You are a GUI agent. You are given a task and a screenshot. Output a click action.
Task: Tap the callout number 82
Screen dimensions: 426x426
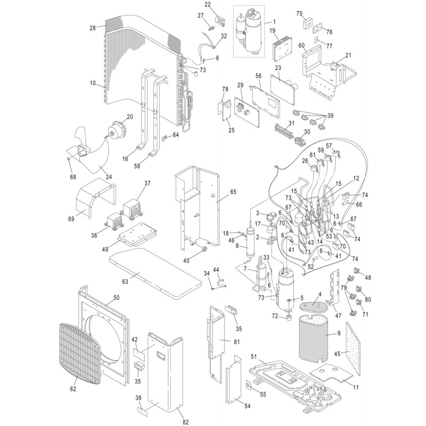(185, 422)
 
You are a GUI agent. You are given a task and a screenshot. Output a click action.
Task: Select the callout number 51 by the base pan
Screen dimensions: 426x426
(254, 357)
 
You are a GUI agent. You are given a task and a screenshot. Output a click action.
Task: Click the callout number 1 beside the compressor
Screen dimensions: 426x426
(274, 21)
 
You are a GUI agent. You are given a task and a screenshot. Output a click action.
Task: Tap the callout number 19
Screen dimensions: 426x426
(272, 31)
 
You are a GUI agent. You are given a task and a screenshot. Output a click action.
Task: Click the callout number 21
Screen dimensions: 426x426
(349, 55)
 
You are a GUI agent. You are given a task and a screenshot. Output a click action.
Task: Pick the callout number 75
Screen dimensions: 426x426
(299, 13)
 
